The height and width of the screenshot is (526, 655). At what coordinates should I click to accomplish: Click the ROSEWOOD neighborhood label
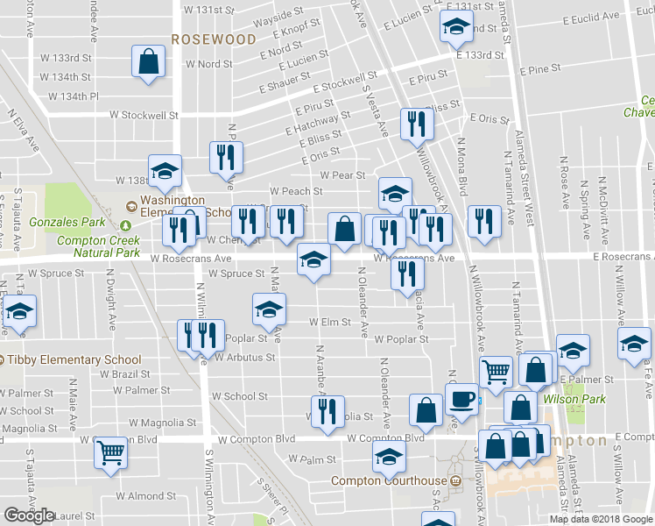pos(214,39)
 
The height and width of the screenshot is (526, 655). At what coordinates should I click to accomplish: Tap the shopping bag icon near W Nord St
pos(148,61)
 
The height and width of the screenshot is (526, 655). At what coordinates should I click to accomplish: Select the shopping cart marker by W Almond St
pos(110,453)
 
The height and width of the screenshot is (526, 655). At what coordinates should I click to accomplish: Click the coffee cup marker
pos(461,399)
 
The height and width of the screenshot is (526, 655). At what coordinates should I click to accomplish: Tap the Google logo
pos(29,515)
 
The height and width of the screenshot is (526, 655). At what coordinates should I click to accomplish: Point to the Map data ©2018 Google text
pos(602,519)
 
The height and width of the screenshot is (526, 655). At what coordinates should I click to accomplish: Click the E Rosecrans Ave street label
pos(623,257)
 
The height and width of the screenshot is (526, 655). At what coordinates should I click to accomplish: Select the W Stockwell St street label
pos(144,115)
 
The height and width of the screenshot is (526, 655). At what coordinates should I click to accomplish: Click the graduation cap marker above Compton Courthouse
pos(389,456)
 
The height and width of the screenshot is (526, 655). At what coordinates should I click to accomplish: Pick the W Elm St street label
pos(329,322)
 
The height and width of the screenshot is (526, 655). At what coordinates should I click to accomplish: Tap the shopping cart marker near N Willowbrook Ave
pos(497,372)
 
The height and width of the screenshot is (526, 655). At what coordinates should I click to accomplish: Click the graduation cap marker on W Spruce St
pos(313,260)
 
